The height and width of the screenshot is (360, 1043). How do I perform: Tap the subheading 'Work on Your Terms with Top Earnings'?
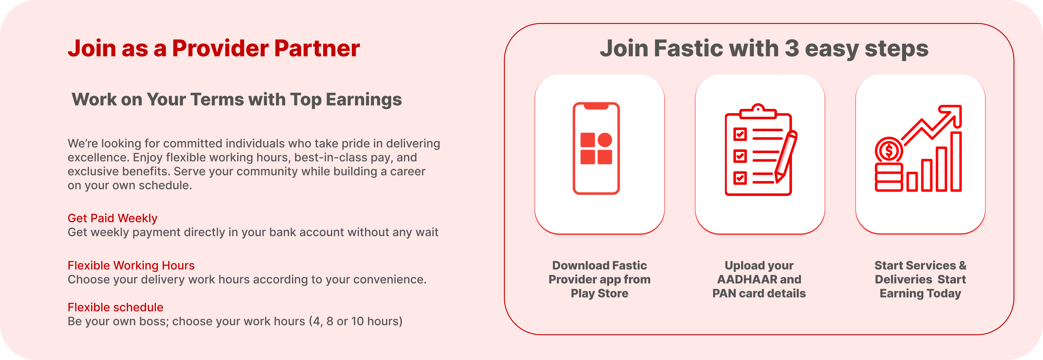(237, 99)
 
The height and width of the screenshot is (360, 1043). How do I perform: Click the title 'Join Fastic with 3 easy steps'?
(764, 49)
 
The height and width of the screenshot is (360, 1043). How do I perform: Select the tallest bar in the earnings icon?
(956, 161)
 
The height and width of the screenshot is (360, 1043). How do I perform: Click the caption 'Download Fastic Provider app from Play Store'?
(600, 279)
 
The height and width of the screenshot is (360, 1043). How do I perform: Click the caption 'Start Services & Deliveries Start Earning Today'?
(920, 279)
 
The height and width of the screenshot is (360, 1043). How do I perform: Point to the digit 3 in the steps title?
(791, 49)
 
